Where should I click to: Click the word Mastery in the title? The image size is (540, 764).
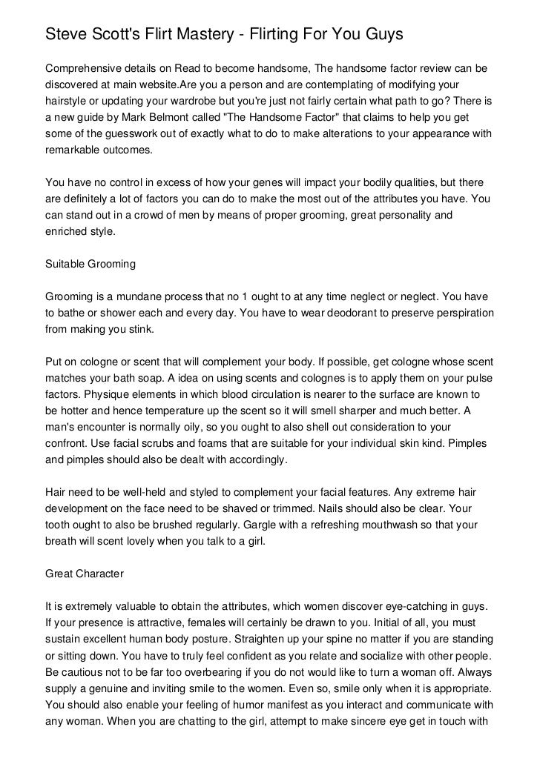pos(213,33)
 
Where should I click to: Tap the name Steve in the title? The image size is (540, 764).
pos(67,33)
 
